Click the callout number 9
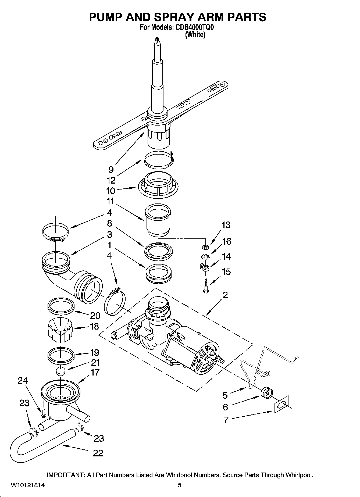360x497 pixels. click(x=111, y=169)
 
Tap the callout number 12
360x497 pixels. click(x=111, y=180)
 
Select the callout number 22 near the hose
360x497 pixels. click(x=98, y=453)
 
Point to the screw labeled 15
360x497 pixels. click(x=206, y=286)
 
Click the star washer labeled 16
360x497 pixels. click(x=205, y=257)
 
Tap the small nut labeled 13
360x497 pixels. click(x=205, y=246)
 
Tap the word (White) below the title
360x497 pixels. click(x=195, y=35)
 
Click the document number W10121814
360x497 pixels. click(x=28, y=485)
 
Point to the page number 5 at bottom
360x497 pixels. click(x=180, y=485)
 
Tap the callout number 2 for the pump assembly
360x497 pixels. click(x=225, y=295)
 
